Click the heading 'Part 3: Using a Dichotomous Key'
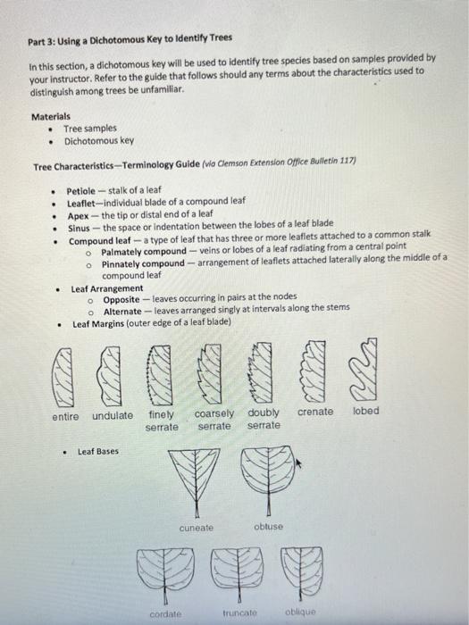pyautogui.click(x=130, y=38)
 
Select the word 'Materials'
pyautogui.click(x=51, y=117)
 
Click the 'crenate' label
pyautogui.click(x=315, y=412)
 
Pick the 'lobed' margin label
pyautogui.click(x=365, y=411)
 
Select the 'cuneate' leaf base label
pyautogui.click(x=197, y=527)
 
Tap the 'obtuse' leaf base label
pyautogui.click(x=268, y=527)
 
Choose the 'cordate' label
pyautogui.click(x=166, y=613)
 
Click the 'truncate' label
pyautogui.click(x=239, y=613)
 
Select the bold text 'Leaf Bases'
pyautogui.click(x=98, y=451)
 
